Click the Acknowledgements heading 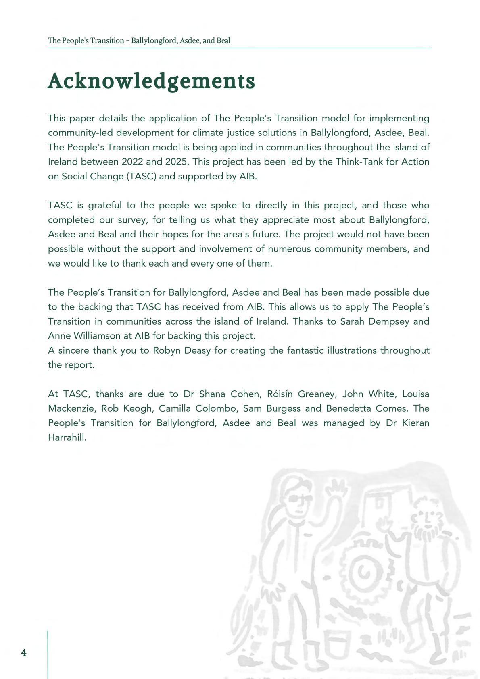(151, 81)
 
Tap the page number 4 (24, 653)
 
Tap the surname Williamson (97, 336)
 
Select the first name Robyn (166, 350)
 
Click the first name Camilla (175, 408)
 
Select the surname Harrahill (67, 437)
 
